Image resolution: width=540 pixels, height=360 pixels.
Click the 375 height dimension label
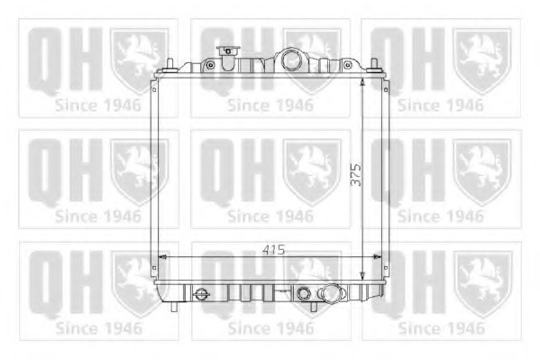coord(356,174)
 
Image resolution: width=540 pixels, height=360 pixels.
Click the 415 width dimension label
coord(274,249)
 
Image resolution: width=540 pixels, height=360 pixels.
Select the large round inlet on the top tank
coord(291,60)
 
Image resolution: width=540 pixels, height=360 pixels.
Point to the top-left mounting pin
coord(169,66)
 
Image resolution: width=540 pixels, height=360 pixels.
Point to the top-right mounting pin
coord(374,66)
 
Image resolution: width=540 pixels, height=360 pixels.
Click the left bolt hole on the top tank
coord(210,65)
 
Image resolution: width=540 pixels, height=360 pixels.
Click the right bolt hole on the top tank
coord(347,64)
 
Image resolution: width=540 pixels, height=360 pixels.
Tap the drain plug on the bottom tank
coord(201,295)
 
